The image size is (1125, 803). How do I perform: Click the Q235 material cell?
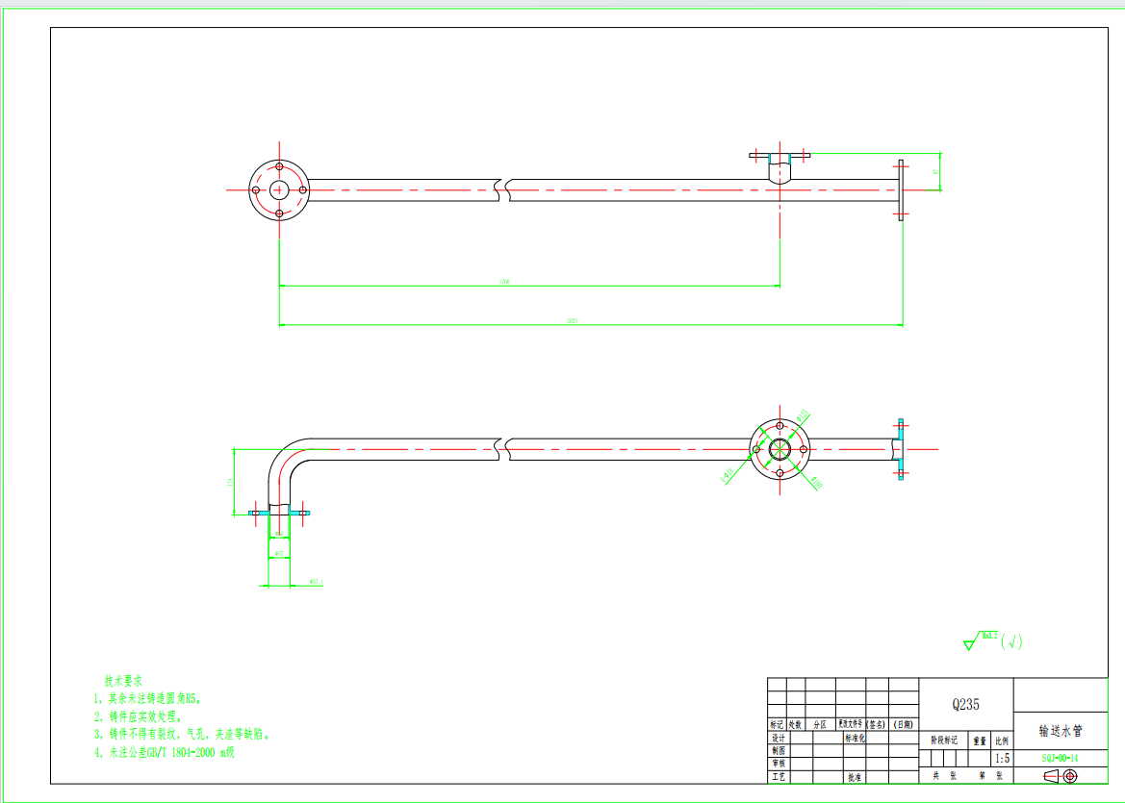[965, 704]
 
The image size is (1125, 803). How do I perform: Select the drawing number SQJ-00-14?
[1060, 758]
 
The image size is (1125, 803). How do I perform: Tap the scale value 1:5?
[1002, 758]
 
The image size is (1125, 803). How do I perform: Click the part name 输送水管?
[1061, 731]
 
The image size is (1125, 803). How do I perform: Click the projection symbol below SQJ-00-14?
[1061, 775]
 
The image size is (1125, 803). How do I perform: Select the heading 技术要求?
[123, 679]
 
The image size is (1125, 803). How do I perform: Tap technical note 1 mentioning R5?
[148, 698]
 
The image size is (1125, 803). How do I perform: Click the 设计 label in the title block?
[778, 738]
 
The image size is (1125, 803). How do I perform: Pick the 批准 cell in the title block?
[854, 775]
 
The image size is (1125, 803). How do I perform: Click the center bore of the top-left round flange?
[279, 189]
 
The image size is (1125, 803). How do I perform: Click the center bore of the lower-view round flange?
[780, 449]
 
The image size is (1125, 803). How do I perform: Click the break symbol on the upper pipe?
[502, 189]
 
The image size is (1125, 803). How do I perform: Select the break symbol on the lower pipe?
[502, 449]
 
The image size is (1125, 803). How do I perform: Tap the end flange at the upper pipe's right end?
[901, 189]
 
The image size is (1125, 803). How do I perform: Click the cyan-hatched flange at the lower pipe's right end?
[901, 447]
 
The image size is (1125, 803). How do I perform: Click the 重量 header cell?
[980, 740]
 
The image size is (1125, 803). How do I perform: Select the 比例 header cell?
[1002, 740]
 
